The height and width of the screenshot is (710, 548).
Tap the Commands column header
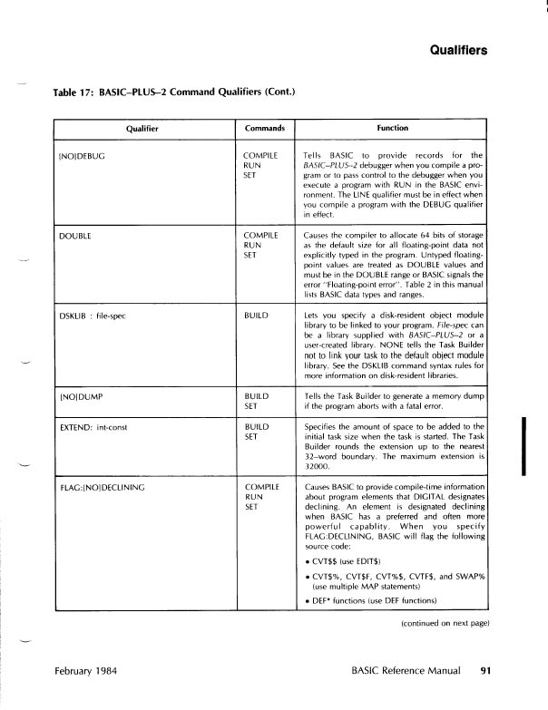click(x=265, y=129)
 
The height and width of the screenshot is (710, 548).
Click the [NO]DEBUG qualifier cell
click(x=83, y=156)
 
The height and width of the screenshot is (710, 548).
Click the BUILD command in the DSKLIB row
click(x=259, y=313)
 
